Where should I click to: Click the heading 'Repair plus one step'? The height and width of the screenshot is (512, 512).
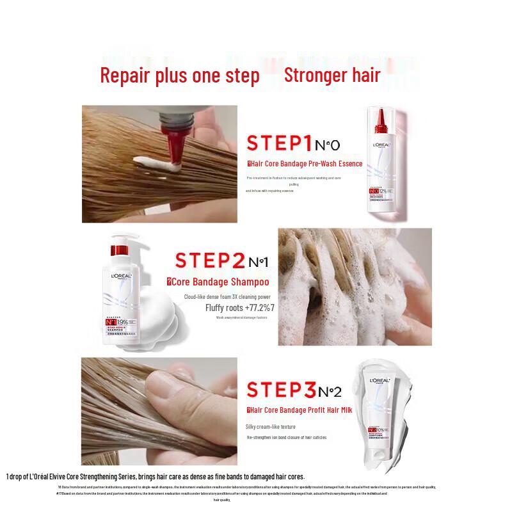tap(180, 76)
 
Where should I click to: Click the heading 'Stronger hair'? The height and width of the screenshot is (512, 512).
tap(332, 75)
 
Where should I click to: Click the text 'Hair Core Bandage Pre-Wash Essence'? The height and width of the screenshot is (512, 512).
tap(305, 164)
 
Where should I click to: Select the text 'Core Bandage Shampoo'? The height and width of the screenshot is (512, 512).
tap(218, 282)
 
